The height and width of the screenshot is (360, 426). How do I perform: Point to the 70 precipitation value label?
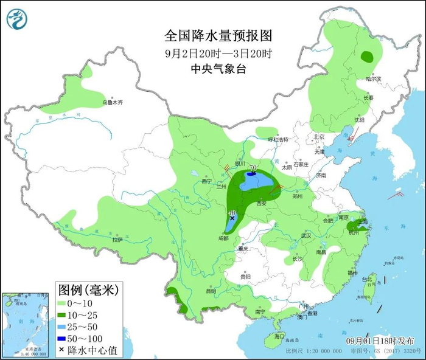click(x=252, y=168)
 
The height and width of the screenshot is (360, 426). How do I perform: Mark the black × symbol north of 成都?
click(x=232, y=217)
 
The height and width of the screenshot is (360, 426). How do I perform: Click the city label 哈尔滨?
click(x=373, y=79)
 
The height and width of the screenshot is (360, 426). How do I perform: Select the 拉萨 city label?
click(x=117, y=240)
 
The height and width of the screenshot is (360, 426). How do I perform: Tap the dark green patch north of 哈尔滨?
click(x=367, y=57)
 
